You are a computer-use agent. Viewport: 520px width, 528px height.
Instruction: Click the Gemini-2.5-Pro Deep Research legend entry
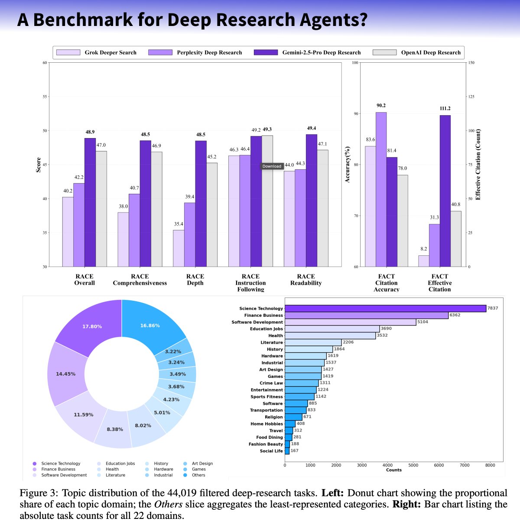(x=321, y=52)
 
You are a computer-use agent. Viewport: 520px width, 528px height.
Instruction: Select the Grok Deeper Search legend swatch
(x=68, y=52)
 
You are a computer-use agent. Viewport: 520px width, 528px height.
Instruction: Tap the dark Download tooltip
(x=272, y=166)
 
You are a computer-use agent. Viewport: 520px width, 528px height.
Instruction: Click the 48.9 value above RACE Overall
(x=90, y=132)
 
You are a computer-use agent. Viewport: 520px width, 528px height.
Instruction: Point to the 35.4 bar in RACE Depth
(x=179, y=248)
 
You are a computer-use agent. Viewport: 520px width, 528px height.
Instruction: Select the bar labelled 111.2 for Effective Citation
(x=445, y=190)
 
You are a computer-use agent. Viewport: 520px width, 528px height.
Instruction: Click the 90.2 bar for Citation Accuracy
(x=381, y=189)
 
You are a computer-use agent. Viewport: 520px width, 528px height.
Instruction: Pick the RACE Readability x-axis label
(x=306, y=280)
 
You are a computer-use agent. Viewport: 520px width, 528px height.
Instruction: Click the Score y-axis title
(x=38, y=165)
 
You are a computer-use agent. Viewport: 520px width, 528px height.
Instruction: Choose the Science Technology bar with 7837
(x=385, y=309)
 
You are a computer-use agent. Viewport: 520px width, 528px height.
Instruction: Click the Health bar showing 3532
(x=330, y=335)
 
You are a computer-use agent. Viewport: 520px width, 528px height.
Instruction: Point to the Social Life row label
(x=271, y=451)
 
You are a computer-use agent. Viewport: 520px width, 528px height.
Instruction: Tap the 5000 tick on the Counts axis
(x=413, y=465)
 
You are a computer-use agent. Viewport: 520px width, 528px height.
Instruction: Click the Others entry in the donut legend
(x=198, y=475)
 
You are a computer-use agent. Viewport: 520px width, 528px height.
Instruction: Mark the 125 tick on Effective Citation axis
(x=471, y=97)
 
